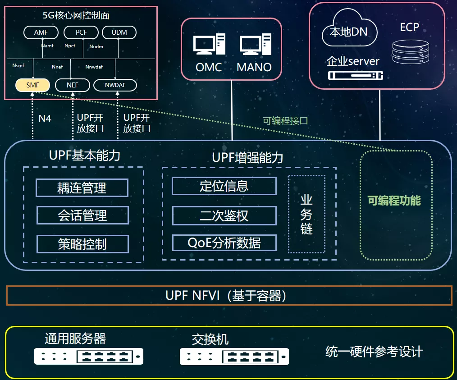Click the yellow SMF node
33,85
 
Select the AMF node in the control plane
41,32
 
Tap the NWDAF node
115,85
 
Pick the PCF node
81,32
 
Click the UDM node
119,32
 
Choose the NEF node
72,85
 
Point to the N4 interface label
45,119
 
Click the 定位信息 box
224,186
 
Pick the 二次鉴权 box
224,215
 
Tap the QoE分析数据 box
224,243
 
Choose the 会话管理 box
82,215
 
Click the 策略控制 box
82,244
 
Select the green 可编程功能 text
394,201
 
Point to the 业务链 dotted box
306,214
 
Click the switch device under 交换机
234,357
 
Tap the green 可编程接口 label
285,121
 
